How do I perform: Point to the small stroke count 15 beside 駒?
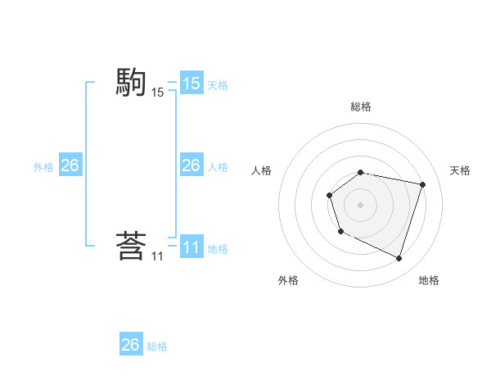[x=157, y=93]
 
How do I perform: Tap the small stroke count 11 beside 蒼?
[x=157, y=256]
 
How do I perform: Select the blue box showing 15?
[x=191, y=84]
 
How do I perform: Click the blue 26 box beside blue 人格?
[x=191, y=165]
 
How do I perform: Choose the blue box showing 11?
[x=191, y=247]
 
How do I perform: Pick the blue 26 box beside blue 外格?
[x=70, y=165]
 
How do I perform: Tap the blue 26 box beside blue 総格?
[x=131, y=345]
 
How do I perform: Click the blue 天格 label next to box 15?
[x=218, y=84]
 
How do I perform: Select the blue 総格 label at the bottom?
[x=157, y=346]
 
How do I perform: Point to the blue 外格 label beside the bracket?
[x=43, y=167]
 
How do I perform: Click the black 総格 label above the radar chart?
[x=361, y=106]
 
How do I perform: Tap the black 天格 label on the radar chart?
[x=460, y=170]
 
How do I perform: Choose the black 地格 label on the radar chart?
[x=429, y=280]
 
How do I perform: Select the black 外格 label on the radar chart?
[x=288, y=280]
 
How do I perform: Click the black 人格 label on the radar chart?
[x=262, y=170]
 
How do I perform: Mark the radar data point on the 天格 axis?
[x=422, y=184]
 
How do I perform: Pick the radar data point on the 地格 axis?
[x=399, y=258]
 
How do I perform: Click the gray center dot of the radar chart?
[x=361, y=205]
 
